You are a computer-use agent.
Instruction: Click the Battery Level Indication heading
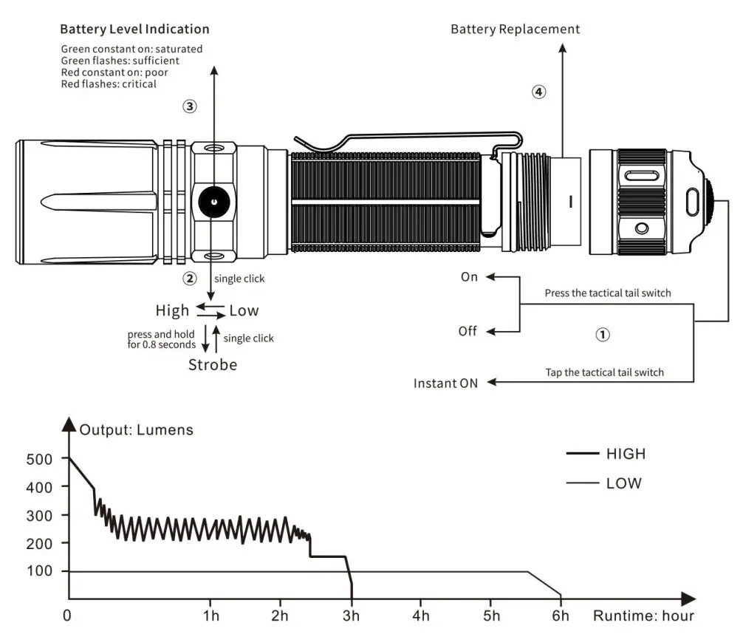[134, 30]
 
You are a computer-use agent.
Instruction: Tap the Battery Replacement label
[515, 30]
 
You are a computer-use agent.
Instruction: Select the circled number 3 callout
[190, 106]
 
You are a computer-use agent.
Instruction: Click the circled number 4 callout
[538, 92]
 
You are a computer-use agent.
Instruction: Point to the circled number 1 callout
[603, 335]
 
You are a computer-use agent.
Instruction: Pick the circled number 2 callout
[190, 279]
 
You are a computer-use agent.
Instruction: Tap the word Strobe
[213, 364]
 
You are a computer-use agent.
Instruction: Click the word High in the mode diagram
[173, 310]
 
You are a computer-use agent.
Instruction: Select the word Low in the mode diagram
[244, 310]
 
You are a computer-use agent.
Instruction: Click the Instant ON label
[445, 383]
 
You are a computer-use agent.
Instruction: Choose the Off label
[468, 331]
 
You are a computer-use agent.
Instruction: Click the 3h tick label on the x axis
[352, 616]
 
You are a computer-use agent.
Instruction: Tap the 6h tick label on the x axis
[561, 616]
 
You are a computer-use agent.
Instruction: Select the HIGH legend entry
[626, 454]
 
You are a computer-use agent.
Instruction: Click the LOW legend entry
[624, 484]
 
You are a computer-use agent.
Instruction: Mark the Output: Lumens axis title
[137, 430]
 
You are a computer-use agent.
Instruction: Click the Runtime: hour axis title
[643, 616]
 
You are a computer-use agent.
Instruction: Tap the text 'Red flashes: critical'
[109, 84]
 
